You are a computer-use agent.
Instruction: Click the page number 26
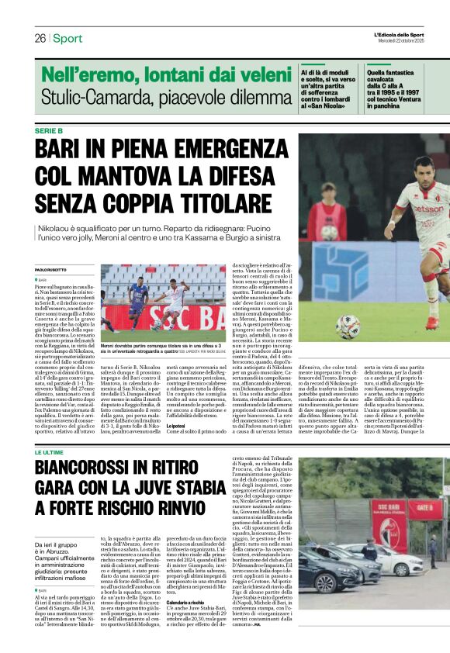coord(40,38)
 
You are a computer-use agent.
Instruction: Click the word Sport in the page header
coord(67,38)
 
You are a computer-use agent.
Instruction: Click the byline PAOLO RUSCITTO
coord(51,269)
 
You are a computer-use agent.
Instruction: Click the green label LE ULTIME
coord(49,430)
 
